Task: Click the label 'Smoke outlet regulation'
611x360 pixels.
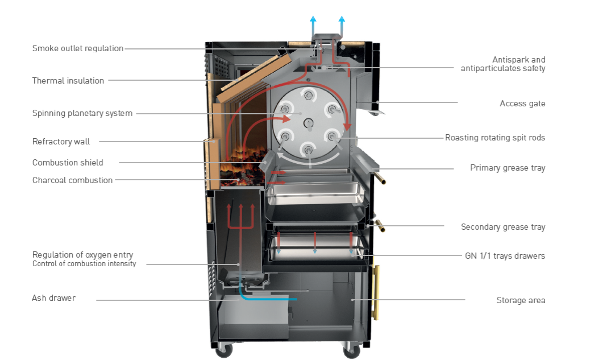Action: [78, 48]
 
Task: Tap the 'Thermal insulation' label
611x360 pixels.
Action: [68, 81]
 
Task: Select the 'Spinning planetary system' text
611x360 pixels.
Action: [82, 113]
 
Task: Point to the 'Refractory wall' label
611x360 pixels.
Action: [61, 142]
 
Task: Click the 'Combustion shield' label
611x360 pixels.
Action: [68, 163]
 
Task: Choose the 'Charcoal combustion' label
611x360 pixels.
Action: [72, 180]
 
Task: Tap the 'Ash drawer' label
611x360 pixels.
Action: [53, 298]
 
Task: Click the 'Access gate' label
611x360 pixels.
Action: [522, 104]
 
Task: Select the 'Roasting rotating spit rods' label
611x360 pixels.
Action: [494, 138]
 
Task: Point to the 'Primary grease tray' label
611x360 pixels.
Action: [508, 168]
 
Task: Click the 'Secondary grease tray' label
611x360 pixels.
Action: [503, 227]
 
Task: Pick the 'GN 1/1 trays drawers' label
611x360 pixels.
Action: [505, 256]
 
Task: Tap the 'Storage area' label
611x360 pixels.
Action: [521, 300]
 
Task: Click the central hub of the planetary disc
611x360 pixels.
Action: [309, 122]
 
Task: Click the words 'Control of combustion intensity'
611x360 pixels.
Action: [84, 264]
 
